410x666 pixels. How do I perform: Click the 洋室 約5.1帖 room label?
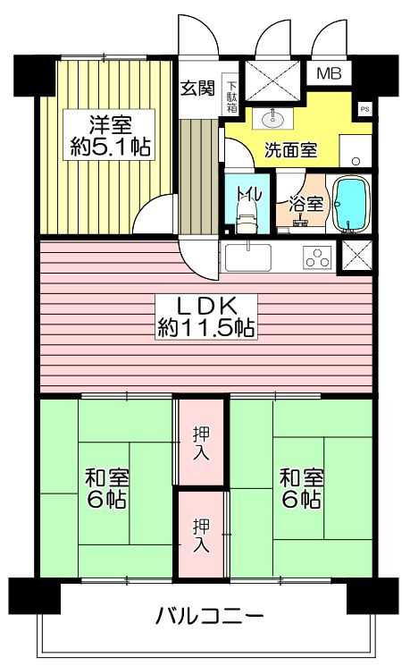click(109, 135)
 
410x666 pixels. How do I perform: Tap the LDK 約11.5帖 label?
click(206, 316)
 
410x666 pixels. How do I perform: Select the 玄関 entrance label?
click(198, 89)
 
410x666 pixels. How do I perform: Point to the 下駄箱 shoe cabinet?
click(231, 97)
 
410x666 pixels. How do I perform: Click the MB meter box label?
click(330, 74)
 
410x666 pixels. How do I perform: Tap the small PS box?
click(364, 109)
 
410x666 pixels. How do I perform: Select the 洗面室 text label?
click(290, 150)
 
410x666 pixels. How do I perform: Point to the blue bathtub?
click(352, 205)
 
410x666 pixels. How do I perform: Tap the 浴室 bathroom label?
click(307, 204)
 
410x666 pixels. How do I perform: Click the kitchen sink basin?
click(248, 257)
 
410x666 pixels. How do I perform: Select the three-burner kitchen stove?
click(317, 257)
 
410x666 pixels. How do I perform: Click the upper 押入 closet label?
click(201, 443)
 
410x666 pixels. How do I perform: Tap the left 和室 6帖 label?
click(107, 488)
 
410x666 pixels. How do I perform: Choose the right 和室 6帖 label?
click(302, 488)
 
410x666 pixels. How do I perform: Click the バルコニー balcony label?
click(210, 616)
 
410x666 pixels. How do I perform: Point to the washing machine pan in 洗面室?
click(356, 151)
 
